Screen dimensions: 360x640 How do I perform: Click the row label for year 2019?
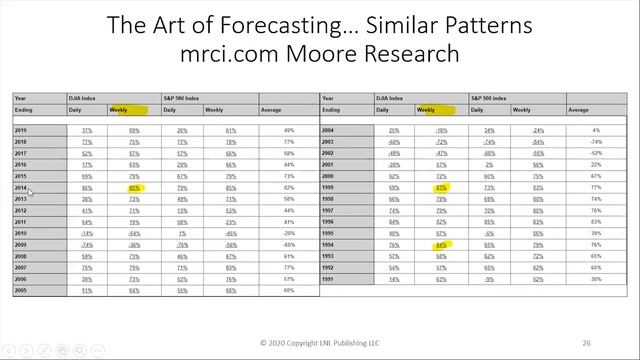coord(21,130)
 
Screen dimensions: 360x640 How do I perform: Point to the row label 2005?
coord(21,291)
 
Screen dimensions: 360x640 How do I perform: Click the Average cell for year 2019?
coord(288,130)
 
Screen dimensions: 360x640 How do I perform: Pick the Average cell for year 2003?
coord(595,141)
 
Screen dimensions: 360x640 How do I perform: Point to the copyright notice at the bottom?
coord(320,342)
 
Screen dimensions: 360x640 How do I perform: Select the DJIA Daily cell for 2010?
coord(86,232)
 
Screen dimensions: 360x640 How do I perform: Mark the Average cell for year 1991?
coord(595,279)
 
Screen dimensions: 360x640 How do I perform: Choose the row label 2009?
coord(21,244)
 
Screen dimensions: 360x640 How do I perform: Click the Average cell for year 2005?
coord(288,291)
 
